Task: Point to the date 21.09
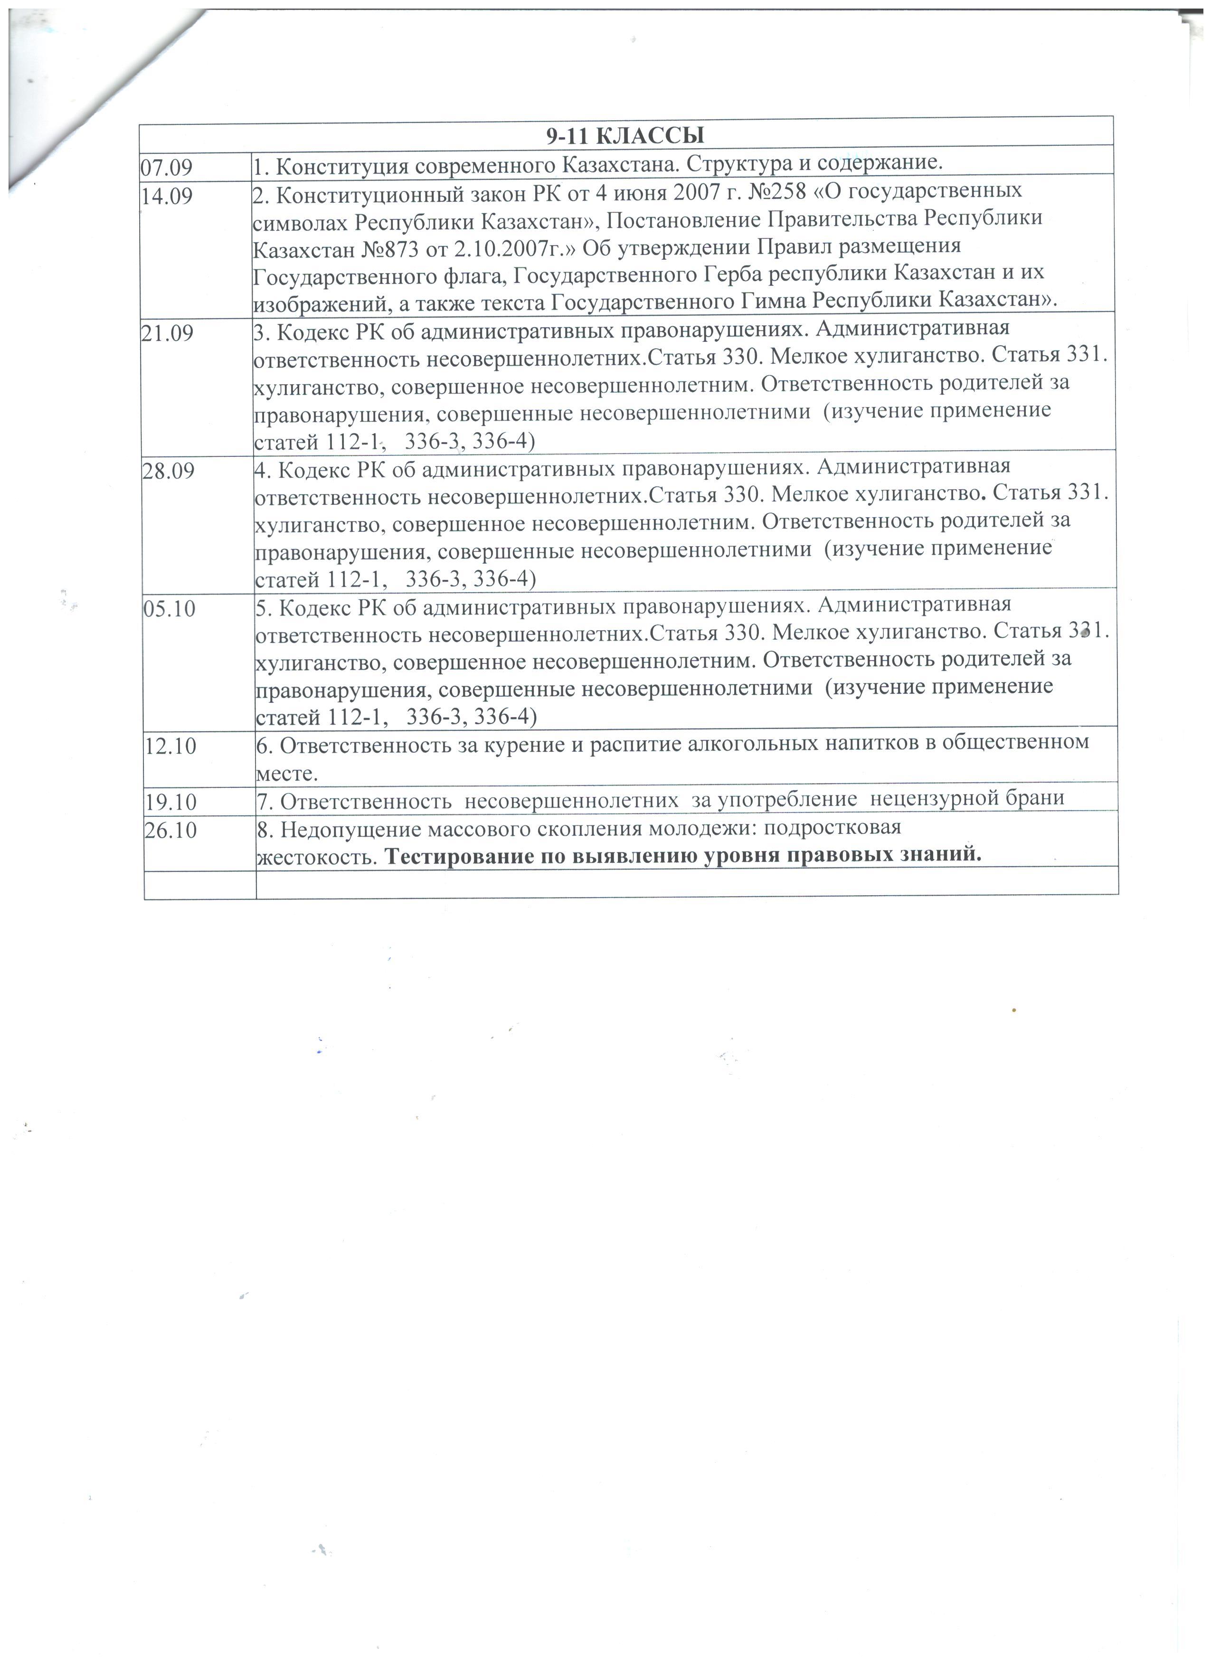168,333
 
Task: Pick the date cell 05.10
169,609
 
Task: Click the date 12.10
170,746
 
